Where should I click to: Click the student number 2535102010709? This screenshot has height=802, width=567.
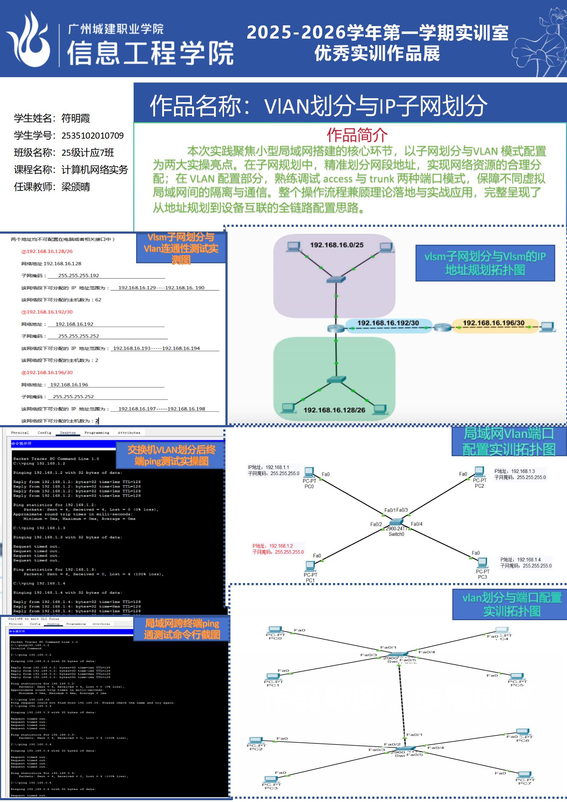(93, 136)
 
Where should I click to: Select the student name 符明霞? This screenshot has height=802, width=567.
(76, 118)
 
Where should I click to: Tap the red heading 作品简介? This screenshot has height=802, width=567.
(357, 135)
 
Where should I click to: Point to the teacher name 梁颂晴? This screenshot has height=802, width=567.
(76, 187)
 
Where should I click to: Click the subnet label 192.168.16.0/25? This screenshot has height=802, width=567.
(337, 245)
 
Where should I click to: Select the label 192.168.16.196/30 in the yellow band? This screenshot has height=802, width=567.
(493, 323)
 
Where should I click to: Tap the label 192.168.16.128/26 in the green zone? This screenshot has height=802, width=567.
(334, 410)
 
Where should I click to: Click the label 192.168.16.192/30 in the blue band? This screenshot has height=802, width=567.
(388, 323)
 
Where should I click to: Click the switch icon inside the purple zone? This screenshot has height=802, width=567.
(336, 279)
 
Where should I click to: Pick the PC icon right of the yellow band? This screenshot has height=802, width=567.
(547, 327)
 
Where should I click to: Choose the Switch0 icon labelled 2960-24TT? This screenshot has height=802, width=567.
(396, 523)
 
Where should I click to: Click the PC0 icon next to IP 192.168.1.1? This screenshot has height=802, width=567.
(309, 472)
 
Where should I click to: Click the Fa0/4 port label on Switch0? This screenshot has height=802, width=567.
(417, 524)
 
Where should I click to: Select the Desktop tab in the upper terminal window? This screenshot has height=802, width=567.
(68, 433)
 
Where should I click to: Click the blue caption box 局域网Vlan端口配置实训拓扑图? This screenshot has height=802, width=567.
(509, 442)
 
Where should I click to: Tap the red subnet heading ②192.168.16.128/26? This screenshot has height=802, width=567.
(47, 251)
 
